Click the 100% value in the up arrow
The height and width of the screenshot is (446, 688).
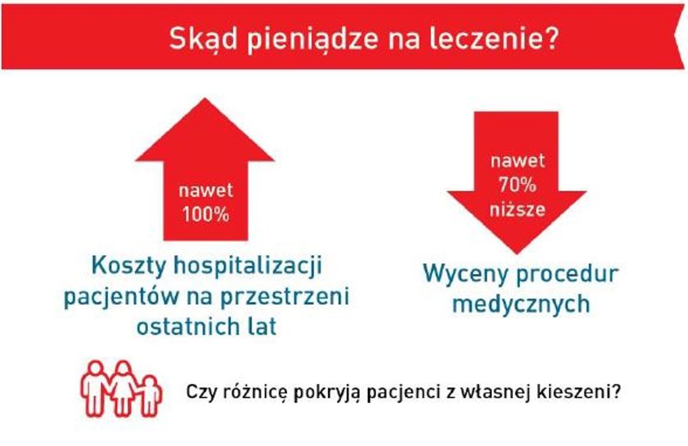206,214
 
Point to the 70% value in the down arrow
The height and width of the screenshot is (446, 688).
517,185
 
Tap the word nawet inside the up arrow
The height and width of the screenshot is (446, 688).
206,191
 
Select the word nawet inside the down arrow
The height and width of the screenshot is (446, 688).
517,162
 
